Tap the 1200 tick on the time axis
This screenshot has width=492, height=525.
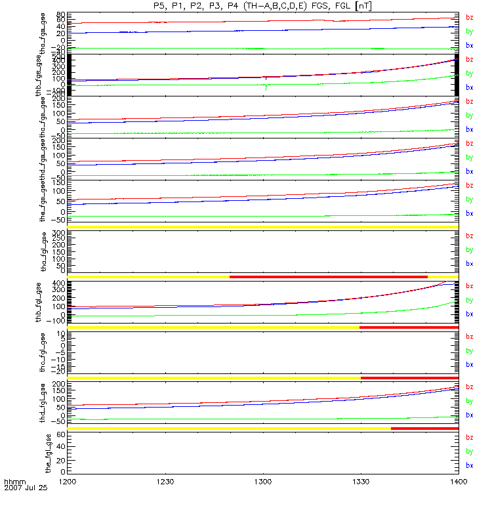[68, 482]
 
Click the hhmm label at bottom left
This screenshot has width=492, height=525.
[14, 482]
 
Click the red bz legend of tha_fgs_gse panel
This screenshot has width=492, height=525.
[469, 17]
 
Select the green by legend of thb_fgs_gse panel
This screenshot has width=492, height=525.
[469, 73]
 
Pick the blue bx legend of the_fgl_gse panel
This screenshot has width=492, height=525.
[469, 465]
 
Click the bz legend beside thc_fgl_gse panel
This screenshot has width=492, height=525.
[469, 336]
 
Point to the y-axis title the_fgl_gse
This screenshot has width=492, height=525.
[48, 452]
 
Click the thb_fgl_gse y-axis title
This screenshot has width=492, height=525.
[48, 303]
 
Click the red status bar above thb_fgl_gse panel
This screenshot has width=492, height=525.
[328, 277]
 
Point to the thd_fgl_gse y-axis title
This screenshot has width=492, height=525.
[48, 402]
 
